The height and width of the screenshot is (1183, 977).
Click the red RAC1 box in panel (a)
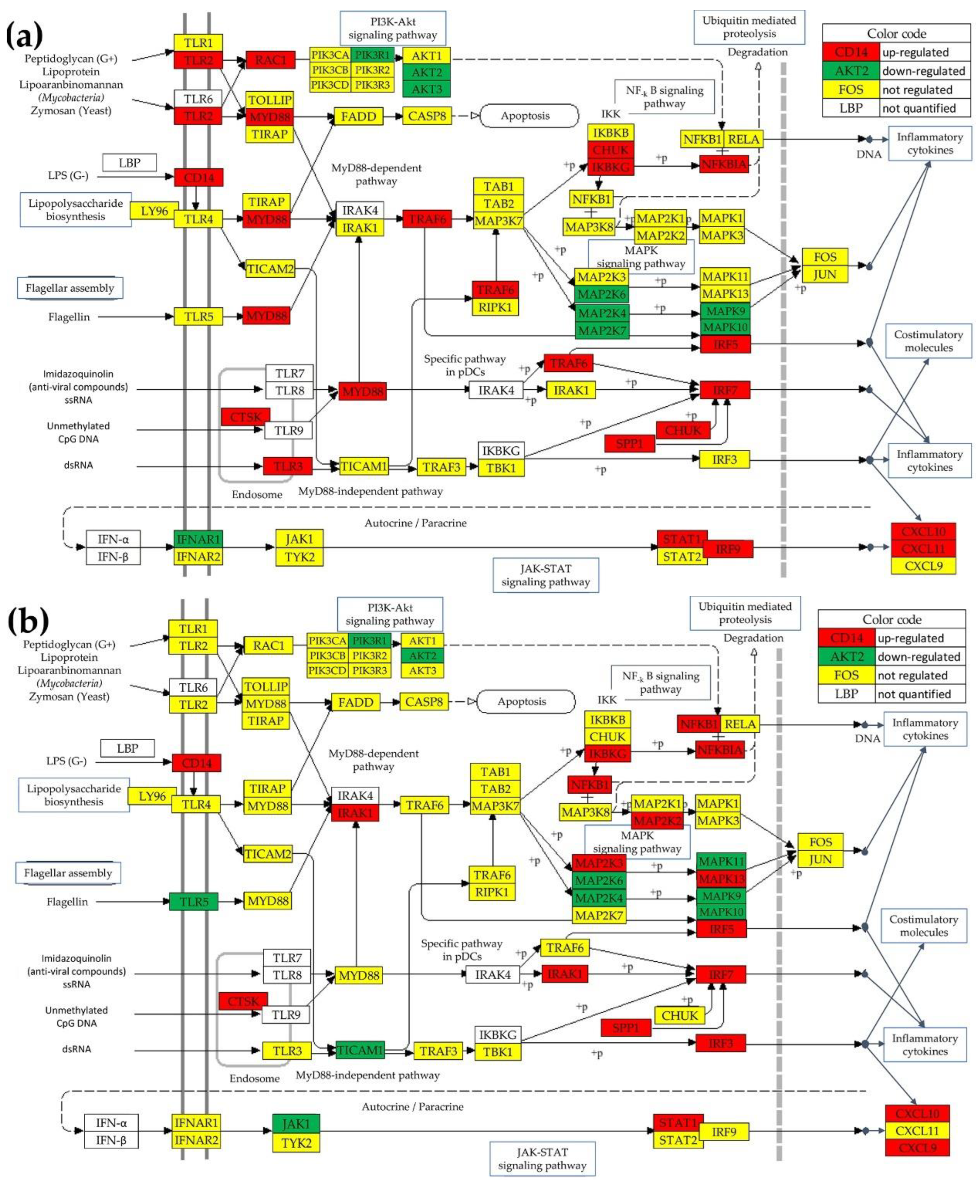270,60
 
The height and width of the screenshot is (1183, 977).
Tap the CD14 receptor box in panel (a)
198,177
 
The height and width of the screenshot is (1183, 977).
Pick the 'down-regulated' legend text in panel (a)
923,71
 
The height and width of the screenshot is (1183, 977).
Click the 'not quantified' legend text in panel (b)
914,694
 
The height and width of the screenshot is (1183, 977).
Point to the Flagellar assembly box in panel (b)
68,873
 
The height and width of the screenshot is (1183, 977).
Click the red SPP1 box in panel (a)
629,443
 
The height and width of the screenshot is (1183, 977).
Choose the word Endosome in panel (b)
254,1078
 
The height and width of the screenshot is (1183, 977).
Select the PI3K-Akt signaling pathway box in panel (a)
392,28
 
